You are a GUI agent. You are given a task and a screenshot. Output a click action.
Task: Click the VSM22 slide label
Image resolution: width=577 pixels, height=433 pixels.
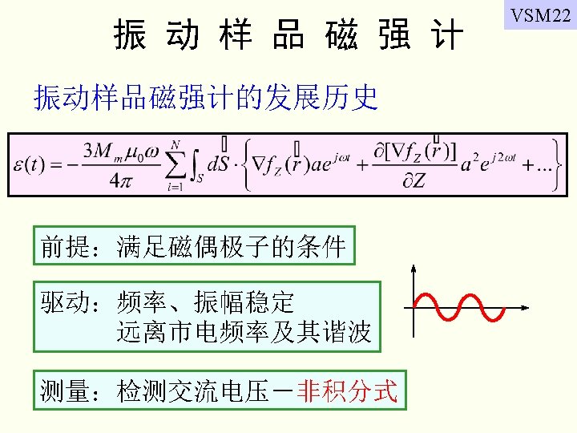click(x=539, y=16)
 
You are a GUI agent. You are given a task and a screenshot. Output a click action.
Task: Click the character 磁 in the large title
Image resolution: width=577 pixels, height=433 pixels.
click(x=342, y=36)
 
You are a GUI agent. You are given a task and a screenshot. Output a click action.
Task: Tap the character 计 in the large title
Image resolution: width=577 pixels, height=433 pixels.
click(x=446, y=36)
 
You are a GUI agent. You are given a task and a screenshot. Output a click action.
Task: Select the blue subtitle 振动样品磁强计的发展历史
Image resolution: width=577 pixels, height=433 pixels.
click(x=205, y=98)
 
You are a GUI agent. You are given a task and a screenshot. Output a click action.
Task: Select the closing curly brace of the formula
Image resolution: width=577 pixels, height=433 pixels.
click(x=553, y=164)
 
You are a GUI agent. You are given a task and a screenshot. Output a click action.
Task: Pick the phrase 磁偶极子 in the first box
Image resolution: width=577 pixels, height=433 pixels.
click(x=221, y=246)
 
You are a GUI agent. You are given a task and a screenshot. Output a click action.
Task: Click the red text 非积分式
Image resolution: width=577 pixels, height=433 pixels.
click(x=347, y=391)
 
